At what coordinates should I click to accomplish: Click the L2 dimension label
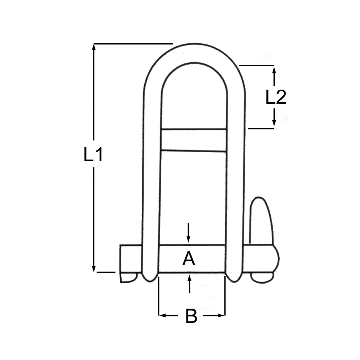[x=275, y=97]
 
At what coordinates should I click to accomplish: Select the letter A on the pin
[x=189, y=259]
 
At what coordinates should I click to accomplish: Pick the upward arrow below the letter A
[x=189, y=278]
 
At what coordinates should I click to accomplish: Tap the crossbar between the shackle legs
[x=194, y=140]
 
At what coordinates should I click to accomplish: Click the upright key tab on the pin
[x=261, y=220]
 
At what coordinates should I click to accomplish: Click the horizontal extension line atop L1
[x=133, y=44]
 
